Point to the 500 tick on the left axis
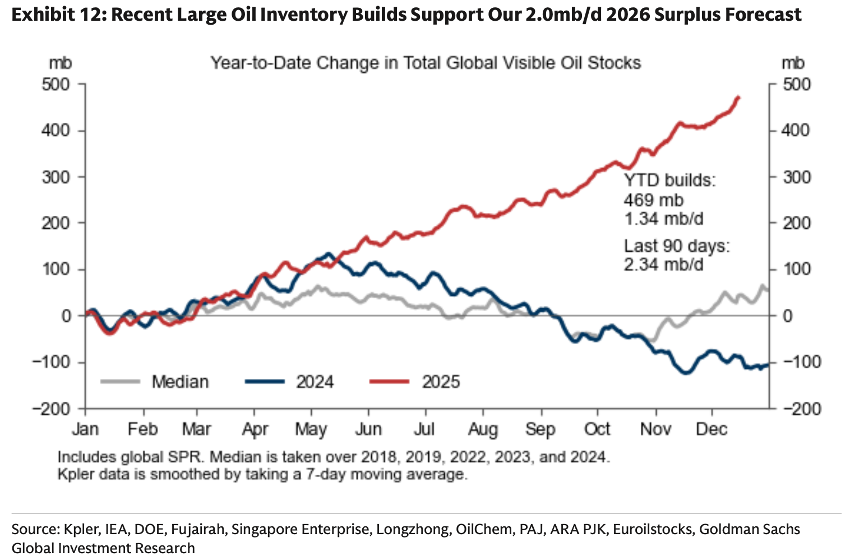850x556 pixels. tap(56, 85)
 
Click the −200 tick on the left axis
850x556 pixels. tap(51, 409)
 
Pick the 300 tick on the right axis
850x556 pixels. tap(796, 177)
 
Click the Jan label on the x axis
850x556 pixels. tap(85, 429)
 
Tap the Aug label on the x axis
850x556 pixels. tap(483, 429)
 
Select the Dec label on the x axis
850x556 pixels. tap(712, 429)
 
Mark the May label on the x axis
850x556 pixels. tap(311, 429)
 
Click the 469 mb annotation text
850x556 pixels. tap(654, 200)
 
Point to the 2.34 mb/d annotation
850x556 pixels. tap(664, 264)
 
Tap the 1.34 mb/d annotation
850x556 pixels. tap(664, 219)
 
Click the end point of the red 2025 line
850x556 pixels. tap(739, 98)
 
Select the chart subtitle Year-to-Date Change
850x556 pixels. tap(425, 63)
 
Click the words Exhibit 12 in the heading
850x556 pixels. tap(56, 15)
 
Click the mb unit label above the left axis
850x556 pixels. tap(60, 63)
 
